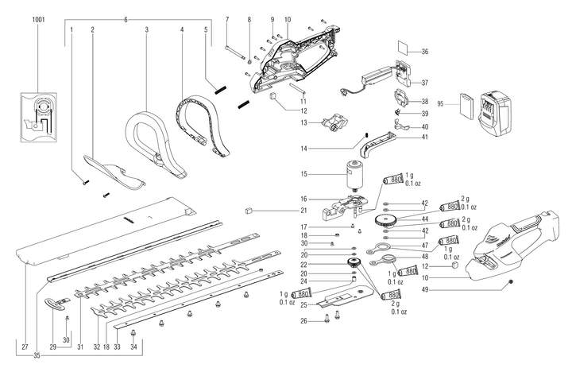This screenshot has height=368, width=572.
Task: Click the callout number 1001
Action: [38, 17]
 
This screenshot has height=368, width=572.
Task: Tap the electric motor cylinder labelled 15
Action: [350, 173]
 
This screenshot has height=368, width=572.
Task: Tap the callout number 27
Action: [25, 347]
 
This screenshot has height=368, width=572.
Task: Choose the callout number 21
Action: [303, 211]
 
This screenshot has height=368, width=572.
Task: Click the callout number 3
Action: [148, 29]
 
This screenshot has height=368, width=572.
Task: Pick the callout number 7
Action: [226, 17]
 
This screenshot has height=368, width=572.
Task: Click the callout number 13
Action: [304, 123]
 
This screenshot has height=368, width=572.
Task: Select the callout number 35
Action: [38, 355]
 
